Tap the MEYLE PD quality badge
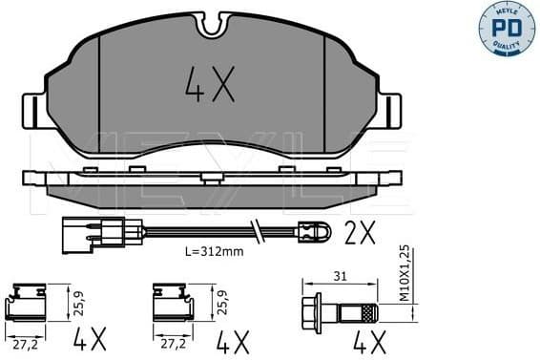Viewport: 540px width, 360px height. [x=509, y=30]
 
